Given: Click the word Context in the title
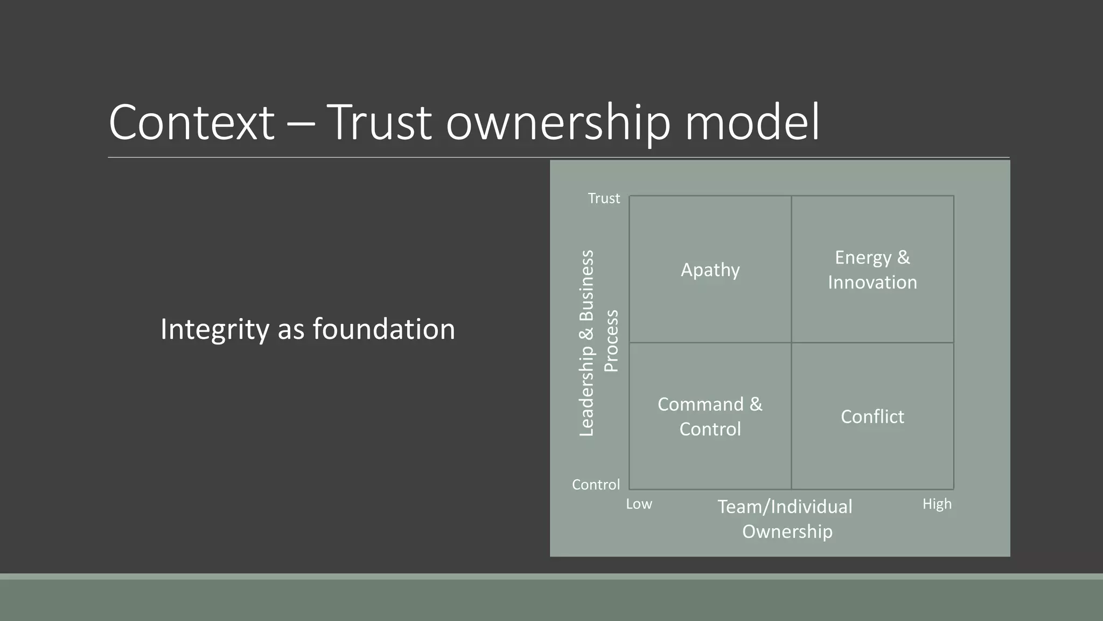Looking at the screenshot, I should coord(191,122).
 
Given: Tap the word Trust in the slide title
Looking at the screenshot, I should coord(379,122).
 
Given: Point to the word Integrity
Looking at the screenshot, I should coord(214,329).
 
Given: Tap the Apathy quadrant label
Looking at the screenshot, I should coord(710,270).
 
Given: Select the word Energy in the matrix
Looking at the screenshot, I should coord(863,258).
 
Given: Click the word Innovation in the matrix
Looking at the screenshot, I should coord(872,282).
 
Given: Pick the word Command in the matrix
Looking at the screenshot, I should coord(700,404).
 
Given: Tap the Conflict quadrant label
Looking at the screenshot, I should coord(872,417).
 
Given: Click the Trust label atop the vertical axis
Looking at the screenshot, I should coord(604,198).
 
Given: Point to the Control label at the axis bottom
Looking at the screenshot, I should coord(596,485).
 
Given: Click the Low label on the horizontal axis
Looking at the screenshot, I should coord(639,504).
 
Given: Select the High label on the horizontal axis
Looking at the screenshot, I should coord(937,504).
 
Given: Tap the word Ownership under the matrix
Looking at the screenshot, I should coord(787,532).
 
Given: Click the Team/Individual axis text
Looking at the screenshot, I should coord(785,507).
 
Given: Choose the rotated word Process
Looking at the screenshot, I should coord(611,341).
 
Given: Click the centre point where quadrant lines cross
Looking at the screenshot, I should coord(791,342).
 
